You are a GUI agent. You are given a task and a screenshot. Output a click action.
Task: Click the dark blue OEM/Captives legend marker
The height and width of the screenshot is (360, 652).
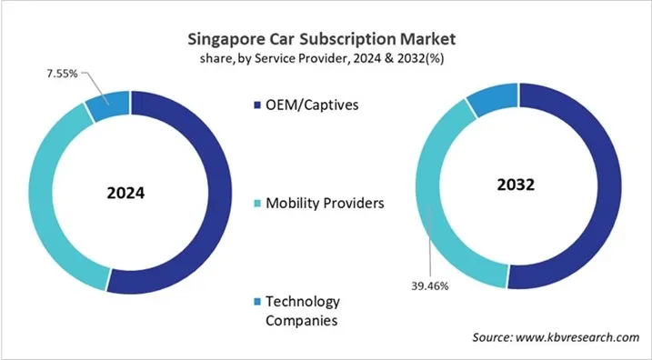click(255, 105)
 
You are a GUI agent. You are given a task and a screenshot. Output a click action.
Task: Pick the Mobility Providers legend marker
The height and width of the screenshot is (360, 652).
click(255, 203)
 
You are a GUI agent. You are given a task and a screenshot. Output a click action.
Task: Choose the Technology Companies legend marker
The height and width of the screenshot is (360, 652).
click(255, 301)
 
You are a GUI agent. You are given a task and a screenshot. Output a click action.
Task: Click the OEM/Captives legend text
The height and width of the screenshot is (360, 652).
click(312, 105)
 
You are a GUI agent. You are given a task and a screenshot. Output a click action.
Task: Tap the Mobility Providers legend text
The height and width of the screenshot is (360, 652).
click(325, 202)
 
